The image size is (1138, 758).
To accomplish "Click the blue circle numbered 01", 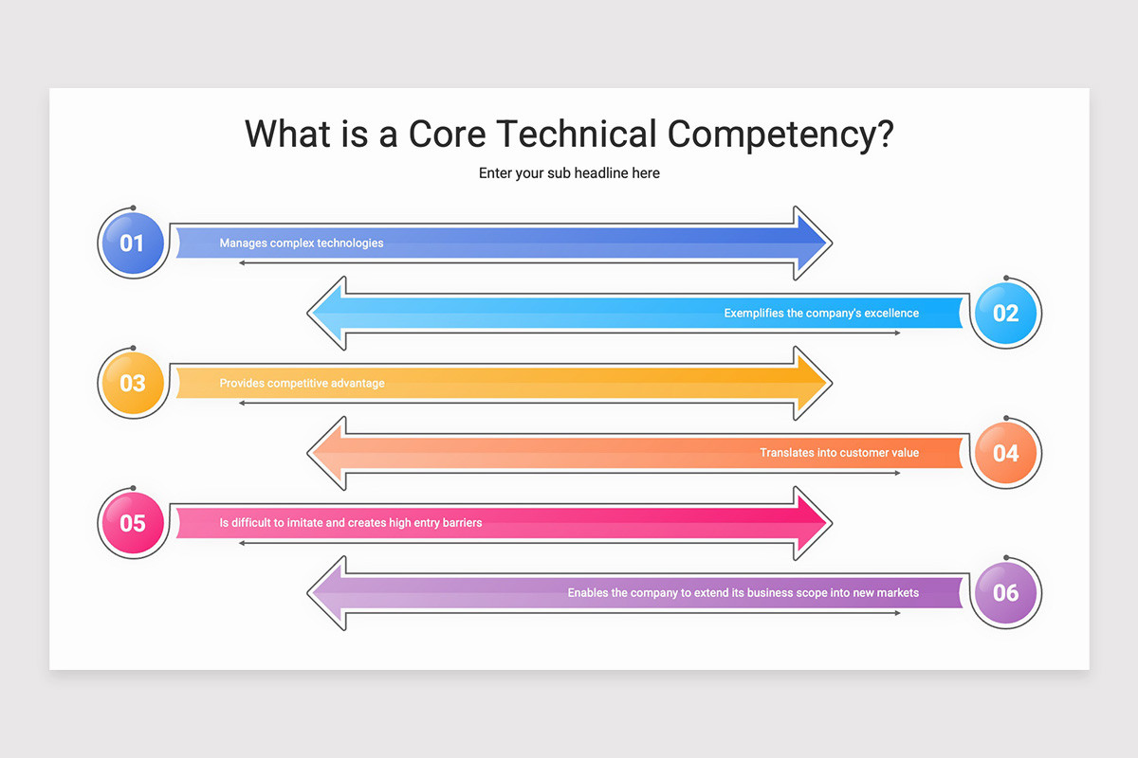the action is [x=133, y=244].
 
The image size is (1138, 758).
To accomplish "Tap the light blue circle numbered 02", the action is [x=1006, y=314].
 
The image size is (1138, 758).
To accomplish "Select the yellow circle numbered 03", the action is [x=133, y=384].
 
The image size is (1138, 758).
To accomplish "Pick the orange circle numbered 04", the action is [x=1006, y=453].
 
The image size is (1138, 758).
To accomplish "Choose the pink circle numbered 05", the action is [x=133, y=523].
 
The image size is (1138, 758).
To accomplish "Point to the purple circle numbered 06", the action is [x=1006, y=592].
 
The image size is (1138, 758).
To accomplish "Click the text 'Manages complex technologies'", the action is [x=302, y=244].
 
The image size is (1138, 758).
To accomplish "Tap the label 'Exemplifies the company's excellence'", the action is [x=821, y=314].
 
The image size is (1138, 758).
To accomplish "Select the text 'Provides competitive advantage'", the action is [x=302, y=384].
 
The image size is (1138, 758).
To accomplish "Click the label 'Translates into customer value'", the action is [x=839, y=453].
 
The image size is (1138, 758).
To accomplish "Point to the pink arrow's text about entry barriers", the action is [x=351, y=523].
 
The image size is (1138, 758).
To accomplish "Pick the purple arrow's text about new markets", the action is [x=743, y=593].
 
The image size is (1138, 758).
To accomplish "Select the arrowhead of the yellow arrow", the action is [x=812, y=384].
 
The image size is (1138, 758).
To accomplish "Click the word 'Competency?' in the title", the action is [x=780, y=135].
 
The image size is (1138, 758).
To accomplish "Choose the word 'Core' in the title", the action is [x=447, y=134].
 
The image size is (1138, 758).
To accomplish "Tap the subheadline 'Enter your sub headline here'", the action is [x=569, y=173].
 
